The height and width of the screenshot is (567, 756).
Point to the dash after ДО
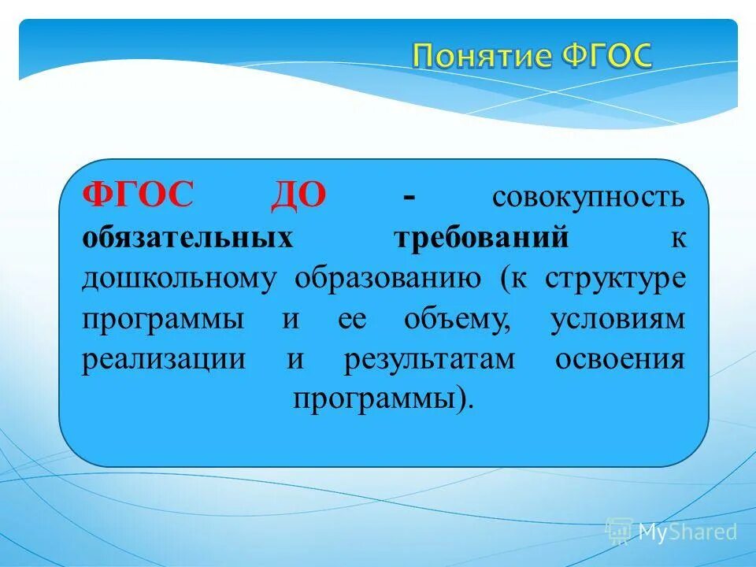[409, 195]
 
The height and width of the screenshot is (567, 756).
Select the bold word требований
[480, 238]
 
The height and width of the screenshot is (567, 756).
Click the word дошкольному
[179, 279]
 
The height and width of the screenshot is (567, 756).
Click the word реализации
[163, 360]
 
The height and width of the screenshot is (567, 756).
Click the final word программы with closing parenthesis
[384, 400]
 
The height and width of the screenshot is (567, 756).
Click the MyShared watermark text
[687, 532]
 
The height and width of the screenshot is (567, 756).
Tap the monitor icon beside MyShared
[619, 532]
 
